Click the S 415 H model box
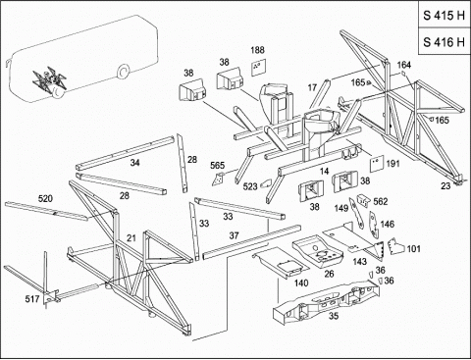[x=445, y=15]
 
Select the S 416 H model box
[x=445, y=41]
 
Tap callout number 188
[x=257, y=50]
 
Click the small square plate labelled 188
[x=259, y=68]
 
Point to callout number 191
[x=392, y=163]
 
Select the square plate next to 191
[x=376, y=164]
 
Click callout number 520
[x=45, y=198]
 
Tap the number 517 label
[x=32, y=298]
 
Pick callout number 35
[x=334, y=316]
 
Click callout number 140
[x=301, y=283]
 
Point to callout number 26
[x=329, y=274]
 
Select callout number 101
[x=413, y=249]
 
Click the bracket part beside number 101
[x=395, y=246]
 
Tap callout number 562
[x=381, y=201]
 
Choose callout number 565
[x=217, y=165]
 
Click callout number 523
[x=250, y=186]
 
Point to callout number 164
[x=404, y=65]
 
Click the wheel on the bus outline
[x=123, y=73]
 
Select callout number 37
[x=234, y=235]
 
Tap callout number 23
[x=445, y=185]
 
